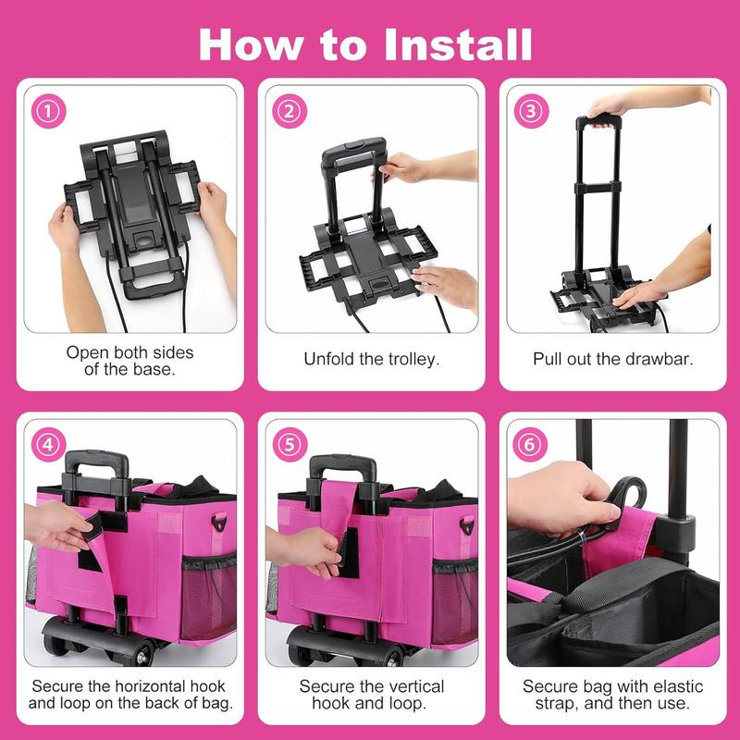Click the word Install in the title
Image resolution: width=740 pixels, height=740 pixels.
[x=458, y=44]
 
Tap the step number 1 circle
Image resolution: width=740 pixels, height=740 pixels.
[x=48, y=111]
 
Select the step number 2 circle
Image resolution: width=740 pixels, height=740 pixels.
[x=290, y=111]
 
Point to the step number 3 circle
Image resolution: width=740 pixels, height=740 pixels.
[x=531, y=111]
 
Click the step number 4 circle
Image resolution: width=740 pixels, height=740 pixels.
[x=48, y=445]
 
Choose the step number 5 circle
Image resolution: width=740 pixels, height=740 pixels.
[x=290, y=445]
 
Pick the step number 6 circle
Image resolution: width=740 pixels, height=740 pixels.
[x=529, y=445]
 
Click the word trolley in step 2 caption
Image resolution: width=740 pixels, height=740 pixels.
[x=413, y=359]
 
